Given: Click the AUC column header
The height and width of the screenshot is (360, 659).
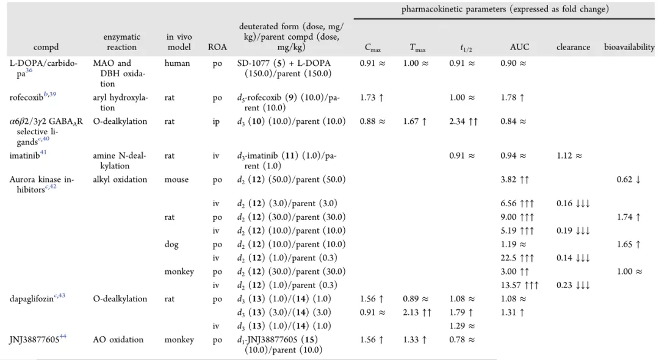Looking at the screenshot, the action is click(x=519, y=47).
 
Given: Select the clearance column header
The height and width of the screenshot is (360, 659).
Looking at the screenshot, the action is click(x=573, y=47).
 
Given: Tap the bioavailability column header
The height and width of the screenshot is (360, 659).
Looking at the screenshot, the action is click(x=629, y=47).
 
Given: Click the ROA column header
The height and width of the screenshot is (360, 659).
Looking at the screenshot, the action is click(x=217, y=47).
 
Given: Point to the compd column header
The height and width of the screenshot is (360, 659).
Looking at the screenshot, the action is click(x=46, y=48).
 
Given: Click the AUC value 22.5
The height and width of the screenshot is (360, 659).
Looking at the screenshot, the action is click(x=508, y=258).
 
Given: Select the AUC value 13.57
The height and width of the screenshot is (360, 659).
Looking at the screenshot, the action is click(x=510, y=285).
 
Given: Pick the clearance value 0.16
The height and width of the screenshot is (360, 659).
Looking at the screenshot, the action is click(x=564, y=203).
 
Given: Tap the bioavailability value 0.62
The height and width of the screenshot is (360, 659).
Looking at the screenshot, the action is click(x=625, y=179).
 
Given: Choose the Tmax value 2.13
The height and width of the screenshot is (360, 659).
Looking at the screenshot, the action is click(x=411, y=312).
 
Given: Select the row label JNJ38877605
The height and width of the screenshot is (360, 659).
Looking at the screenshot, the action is click(x=34, y=340).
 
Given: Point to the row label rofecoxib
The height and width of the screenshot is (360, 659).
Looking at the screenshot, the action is click(x=26, y=98).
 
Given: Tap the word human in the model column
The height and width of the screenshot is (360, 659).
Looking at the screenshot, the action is click(x=178, y=63).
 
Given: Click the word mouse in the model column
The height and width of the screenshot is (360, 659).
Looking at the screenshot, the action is click(x=176, y=179).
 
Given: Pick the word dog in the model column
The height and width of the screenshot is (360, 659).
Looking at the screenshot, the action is click(x=171, y=245).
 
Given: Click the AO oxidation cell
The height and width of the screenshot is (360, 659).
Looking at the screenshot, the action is click(x=118, y=339).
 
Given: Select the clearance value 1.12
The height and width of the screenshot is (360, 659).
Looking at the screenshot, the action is click(x=565, y=156).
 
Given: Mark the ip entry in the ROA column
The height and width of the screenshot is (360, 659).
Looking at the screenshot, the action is click(x=216, y=122).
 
